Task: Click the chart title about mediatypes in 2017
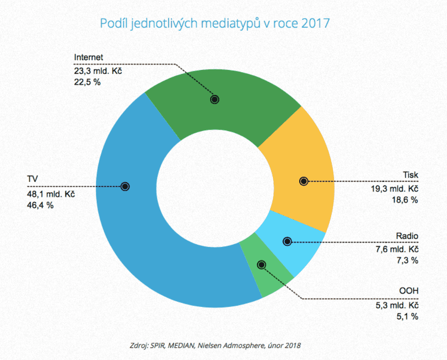tap(215, 23)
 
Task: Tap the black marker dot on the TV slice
tap(125, 186)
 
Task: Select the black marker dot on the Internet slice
tap(215, 99)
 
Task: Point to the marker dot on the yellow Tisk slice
tap(304, 181)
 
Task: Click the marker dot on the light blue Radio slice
tap(287, 241)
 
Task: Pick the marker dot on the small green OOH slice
tap(261, 265)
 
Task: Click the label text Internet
tap(89, 57)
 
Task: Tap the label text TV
tap(32, 179)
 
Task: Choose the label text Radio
tap(407, 236)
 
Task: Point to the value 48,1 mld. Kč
tap(51, 194)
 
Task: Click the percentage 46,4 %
tap(41, 205)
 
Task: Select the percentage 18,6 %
tap(405, 200)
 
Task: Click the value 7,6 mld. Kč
tap(397, 249)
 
